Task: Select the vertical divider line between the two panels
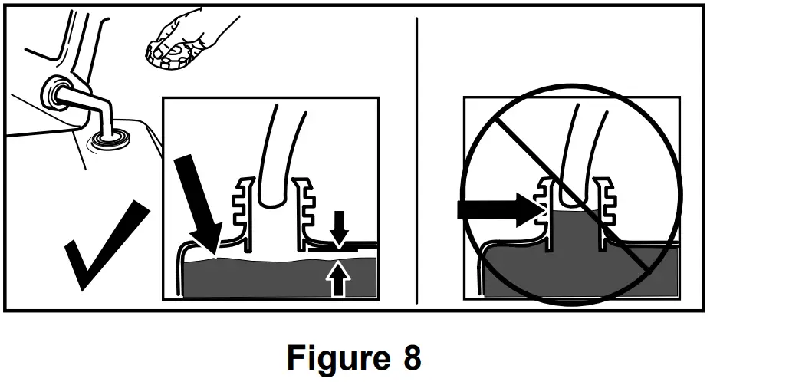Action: click(x=416, y=169)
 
